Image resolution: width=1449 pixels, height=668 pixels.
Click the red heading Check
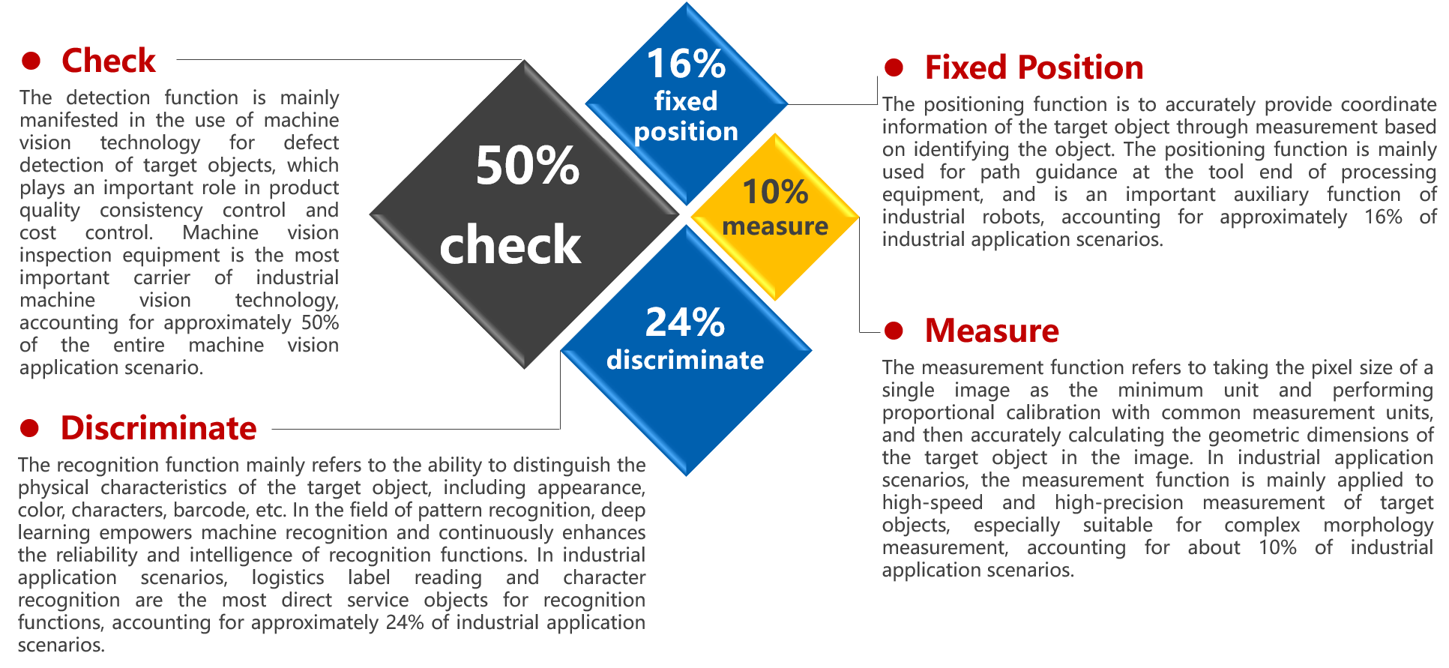[109, 61]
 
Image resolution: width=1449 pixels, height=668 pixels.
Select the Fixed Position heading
[1034, 67]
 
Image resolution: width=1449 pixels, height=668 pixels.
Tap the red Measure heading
[992, 331]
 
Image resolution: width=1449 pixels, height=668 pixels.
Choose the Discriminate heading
[159, 428]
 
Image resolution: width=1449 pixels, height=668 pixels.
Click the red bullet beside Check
[31, 61]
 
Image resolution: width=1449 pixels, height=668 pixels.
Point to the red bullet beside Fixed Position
[894, 67]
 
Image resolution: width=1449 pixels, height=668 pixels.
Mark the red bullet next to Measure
[894, 331]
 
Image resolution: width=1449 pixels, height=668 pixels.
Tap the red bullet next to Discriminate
[30, 428]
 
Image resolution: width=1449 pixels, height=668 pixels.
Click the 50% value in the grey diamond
[528, 166]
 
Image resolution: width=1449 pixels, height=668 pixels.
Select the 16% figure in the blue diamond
[686, 64]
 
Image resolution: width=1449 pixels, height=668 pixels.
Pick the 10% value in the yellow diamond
[775, 192]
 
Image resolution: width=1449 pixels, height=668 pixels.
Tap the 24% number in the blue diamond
[685, 322]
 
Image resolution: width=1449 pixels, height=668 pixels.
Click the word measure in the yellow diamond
[775, 226]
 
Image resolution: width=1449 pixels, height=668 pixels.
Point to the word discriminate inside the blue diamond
[685, 360]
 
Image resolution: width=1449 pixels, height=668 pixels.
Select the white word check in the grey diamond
[510, 244]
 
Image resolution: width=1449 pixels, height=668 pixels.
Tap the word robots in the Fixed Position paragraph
[1013, 217]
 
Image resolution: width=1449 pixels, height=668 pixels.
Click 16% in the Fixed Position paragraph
[1383, 217]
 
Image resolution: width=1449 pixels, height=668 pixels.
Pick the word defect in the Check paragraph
[311, 142]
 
